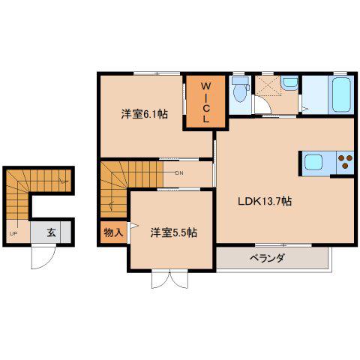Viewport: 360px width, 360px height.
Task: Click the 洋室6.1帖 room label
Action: [x=144, y=114]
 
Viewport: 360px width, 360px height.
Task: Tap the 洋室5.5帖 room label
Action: [x=173, y=232]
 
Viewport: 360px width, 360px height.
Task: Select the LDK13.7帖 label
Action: [x=265, y=201]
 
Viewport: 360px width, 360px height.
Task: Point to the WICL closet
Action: [x=205, y=103]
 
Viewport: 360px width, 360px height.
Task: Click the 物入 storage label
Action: [x=113, y=232]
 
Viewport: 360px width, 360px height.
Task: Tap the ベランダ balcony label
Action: [x=268, y=257]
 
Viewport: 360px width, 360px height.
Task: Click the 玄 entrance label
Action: [x=51, y=232]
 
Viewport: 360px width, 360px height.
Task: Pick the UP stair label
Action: [x=13, y=234]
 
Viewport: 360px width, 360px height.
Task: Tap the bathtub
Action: [x=341, y=94]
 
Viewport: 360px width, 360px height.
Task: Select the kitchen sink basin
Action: [x=313, y=162]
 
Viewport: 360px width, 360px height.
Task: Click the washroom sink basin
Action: [x=289, y=82]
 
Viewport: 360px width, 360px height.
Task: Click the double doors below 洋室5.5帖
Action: [x=169, y=279]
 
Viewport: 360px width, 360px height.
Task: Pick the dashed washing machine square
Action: [x=268, y=85]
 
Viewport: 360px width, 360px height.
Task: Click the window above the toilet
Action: [x=240, y=73]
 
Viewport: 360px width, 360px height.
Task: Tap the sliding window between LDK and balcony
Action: [x=283, y=244]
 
